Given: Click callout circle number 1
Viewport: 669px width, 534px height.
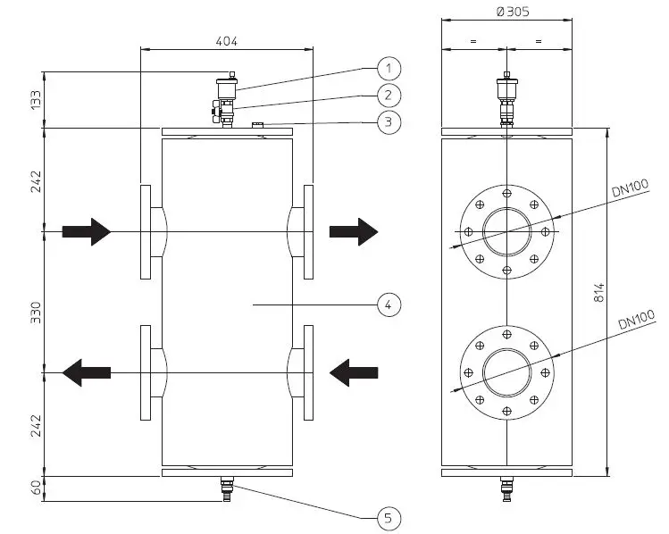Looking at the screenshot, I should coord(389,68).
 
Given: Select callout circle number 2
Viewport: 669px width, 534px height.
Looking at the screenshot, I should coord(389,95).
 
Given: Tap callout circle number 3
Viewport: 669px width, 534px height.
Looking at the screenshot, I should coord(389,122).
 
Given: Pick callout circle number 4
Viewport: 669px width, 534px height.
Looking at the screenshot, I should coord(389,305).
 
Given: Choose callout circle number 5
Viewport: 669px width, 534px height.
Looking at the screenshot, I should coord(389,518).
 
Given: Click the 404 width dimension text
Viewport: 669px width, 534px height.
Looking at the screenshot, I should coord(227,41).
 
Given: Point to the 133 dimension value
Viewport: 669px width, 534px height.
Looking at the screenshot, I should coord(36,99).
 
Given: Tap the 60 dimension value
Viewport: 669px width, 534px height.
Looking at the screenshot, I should coord(36,488).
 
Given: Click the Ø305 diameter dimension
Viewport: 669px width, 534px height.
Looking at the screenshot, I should coord(506,12).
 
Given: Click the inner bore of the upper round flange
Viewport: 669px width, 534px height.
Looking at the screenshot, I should coord(506,232).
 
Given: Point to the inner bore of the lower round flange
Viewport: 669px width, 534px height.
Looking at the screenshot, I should coord(506,371).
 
